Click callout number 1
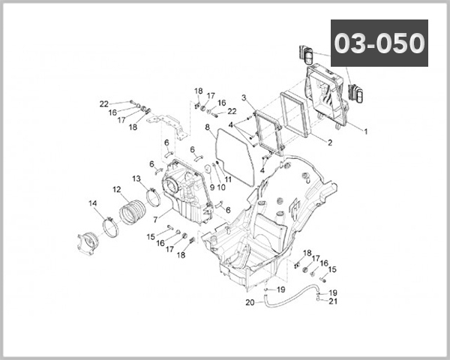coord(365,131)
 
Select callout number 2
coord(329,141)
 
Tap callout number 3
coord(244,97)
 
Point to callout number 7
coord(155,220)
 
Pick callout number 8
coord(207,127)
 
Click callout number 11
coord(228,180)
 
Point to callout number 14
coord(93,203)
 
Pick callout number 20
coord(250,303)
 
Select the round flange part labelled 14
coord(90,244)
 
